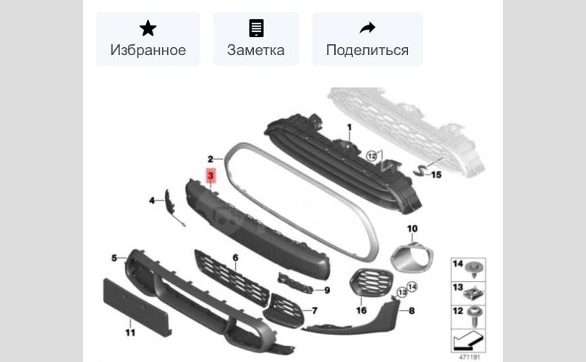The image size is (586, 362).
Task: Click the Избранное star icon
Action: click(148, 28)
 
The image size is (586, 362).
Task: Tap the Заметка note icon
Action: click(256, 28)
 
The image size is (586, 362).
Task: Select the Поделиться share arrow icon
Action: click(368, 28)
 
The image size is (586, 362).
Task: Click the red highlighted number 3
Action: click(211, 175)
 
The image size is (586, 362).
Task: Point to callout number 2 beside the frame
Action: click(211, 159)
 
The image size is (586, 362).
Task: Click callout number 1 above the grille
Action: click(349, 127)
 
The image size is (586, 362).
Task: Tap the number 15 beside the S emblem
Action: click(436, 174)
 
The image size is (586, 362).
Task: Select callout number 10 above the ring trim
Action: click(412, 228)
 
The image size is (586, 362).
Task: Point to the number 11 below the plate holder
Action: click(130, 332)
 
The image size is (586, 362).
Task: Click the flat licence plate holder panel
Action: click(137, 308)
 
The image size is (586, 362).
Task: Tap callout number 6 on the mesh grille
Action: click(235, 257)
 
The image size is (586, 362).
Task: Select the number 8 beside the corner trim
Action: click(412, 311)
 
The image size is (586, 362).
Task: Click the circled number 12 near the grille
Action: click(371, 156)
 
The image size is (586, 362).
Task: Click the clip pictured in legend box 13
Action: click(473, 293)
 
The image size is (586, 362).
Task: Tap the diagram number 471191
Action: click(469, 357)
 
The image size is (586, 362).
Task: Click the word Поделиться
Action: click(368, 50)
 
